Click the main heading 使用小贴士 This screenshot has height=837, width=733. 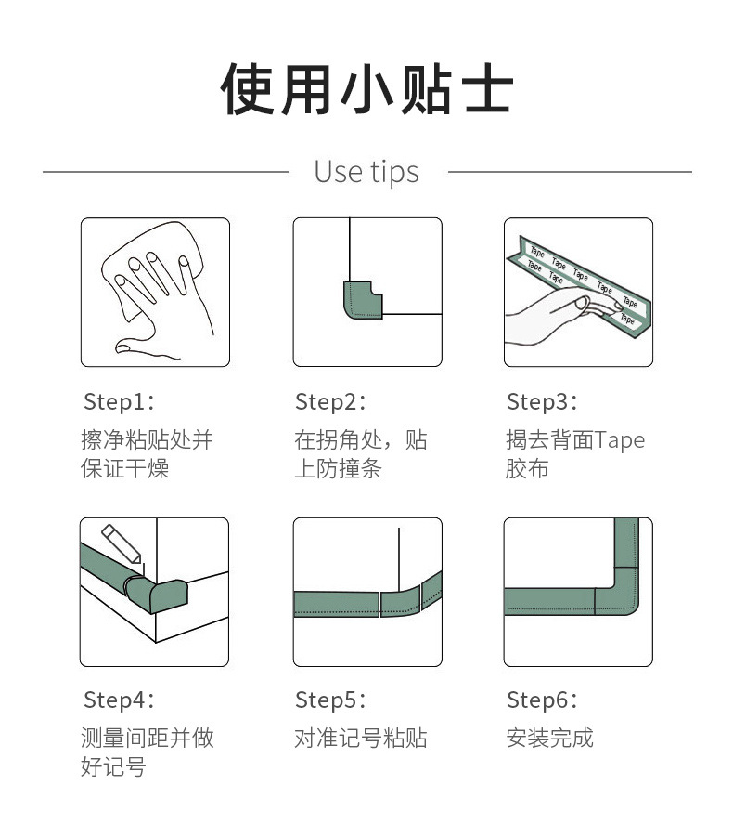tap(366, 89)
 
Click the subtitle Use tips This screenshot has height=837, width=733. tap(366, 172)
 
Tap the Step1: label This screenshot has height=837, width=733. tap(119, 402)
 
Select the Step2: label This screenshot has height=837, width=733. tap(330, 402)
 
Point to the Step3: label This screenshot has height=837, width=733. tap(542, 402)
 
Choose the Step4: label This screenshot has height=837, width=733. tap(119, 700)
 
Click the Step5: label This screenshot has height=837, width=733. tap(330, 700)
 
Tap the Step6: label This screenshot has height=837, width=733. tap(542, 700)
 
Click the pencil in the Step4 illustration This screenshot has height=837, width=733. tap(122, 543)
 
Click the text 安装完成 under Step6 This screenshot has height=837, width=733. tap(549, 739)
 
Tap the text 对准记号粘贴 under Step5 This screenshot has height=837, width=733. tap(361, 739)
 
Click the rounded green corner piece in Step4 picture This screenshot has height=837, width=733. tap(160, 594)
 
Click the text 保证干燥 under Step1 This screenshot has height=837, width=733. tap(124, 469)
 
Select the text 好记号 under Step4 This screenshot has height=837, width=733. tap(113, 766)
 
